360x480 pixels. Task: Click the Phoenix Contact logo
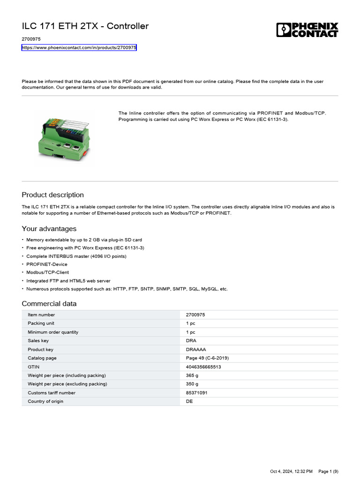tap(307, 30)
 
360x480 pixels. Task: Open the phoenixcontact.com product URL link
tap(79, 48)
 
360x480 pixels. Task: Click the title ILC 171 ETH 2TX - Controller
tap(85, 26)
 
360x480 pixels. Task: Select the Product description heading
tap(53, 195)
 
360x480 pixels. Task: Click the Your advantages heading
tap(49, 229)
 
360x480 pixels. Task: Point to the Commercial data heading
tap(49, 304)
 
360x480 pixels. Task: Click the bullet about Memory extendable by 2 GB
tap(84, 240)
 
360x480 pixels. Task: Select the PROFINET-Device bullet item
tap(47, 264)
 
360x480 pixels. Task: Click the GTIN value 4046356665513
tap(203, 367)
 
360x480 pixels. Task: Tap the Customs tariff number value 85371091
tap(196, 393)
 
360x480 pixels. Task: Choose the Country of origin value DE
tap(189, 401)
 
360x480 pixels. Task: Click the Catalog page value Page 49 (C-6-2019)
tap(207, 358)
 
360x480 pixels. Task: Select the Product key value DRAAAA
tap(196, 350)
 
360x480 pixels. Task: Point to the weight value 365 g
tap(192, 375)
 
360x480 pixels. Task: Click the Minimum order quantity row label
tap(53, 332)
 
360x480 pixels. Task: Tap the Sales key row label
tap(38, 341)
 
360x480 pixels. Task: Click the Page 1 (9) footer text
tap(328, 471)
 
